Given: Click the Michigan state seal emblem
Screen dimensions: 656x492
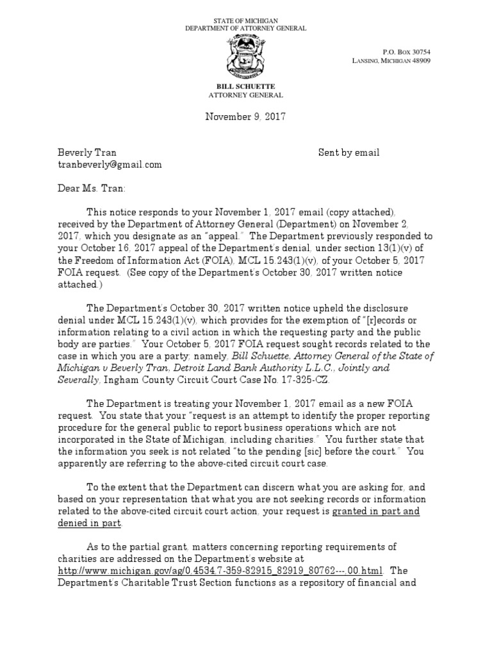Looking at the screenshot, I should coord(245,58).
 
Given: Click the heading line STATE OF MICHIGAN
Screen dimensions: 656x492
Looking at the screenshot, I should coord(245,21).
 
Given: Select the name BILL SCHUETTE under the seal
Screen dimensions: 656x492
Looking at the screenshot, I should coord(245,86).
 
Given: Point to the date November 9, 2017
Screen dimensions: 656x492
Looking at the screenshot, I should coord(245,117).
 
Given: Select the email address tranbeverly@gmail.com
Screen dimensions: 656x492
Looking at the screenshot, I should coord(110,165).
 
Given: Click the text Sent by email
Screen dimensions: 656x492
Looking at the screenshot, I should coord(348,153).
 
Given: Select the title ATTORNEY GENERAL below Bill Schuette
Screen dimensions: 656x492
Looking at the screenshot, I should coord(245,95).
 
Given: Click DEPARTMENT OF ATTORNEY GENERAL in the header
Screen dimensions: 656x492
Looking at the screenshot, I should coord(245,29).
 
